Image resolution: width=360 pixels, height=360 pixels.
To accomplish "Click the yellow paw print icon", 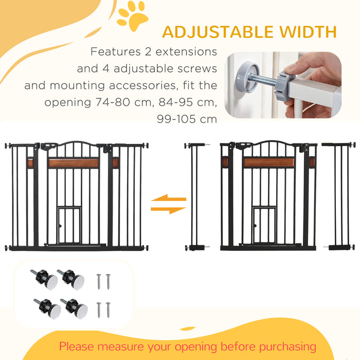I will (132, 16).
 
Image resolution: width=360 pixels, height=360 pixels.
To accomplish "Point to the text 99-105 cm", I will (187, 119).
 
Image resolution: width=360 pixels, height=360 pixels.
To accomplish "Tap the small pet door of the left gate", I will (69, 225).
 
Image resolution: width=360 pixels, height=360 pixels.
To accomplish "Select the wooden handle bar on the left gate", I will (73, 163).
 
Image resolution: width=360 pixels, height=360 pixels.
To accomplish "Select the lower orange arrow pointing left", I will (168, 209).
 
